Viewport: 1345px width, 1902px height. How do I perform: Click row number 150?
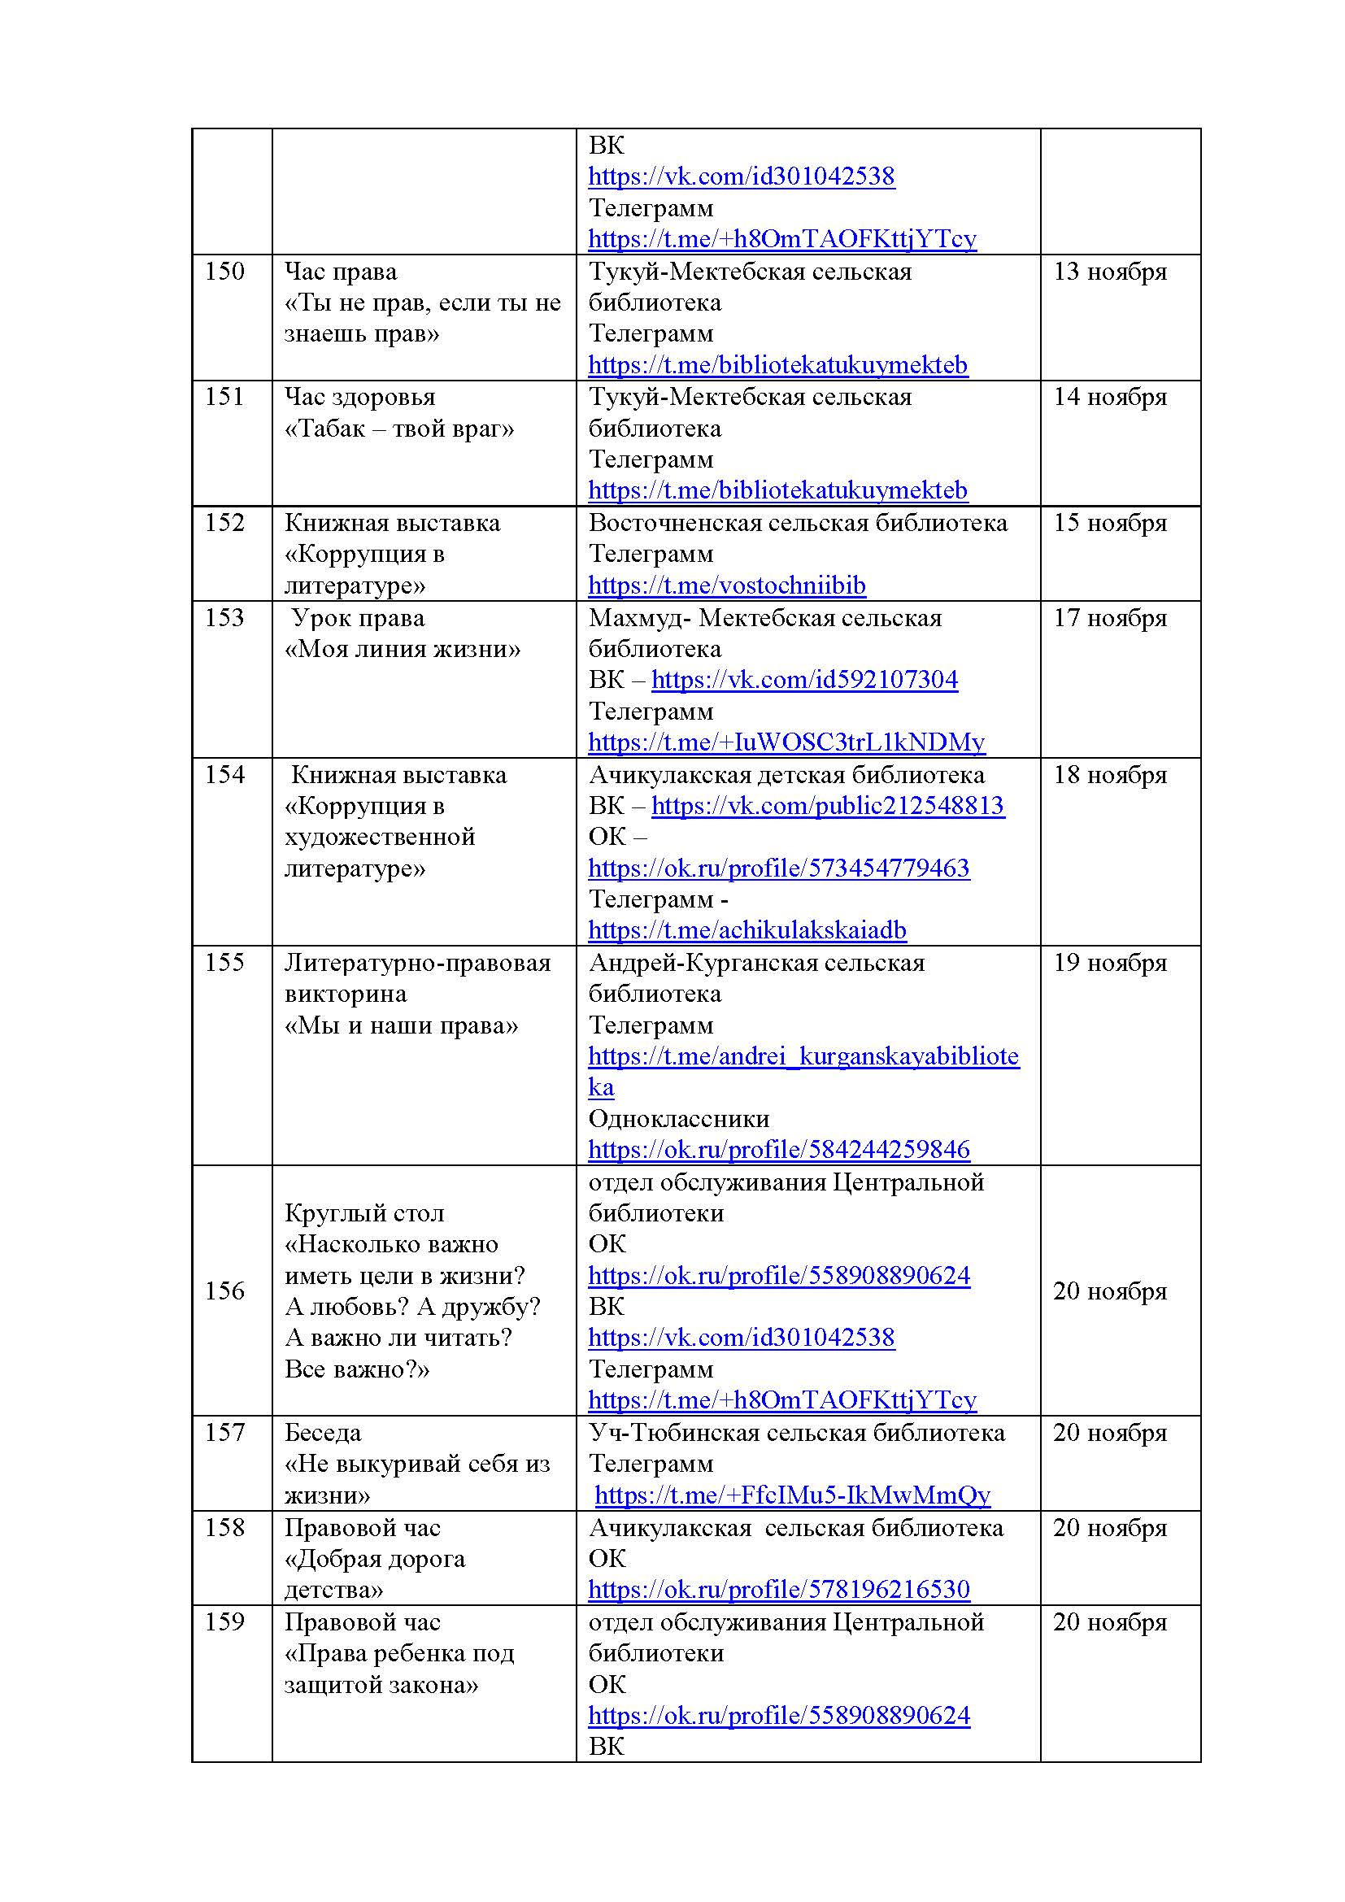click(x=224, y=271)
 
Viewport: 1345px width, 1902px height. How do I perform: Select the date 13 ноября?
click(x=1110, y=271)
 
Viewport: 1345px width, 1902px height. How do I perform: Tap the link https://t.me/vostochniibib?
click(x=726, y=585)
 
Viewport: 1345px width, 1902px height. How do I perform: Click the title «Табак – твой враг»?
click(x=399, y=429)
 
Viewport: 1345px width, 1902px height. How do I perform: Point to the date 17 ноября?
click(x=1110, y=617)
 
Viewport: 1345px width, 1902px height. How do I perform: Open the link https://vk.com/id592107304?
click(x=804, y=679)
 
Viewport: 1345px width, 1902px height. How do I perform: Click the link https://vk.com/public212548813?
click(x=827, y=805)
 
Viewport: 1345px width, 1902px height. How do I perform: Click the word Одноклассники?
click(x=678, y=1118)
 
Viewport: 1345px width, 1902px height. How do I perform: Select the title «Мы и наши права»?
click(x=401, y=1025)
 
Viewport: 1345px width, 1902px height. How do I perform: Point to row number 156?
click(x=224, y=1290)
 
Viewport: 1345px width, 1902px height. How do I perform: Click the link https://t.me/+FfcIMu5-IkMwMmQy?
click(x=793, y=1495)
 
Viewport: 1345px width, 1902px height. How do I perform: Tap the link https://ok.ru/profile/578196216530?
click(x=778, y=1589)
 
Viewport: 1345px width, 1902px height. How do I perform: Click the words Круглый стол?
click(x=364, y=1212)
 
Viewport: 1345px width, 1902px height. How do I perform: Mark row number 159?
click(x=224, y=1621)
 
